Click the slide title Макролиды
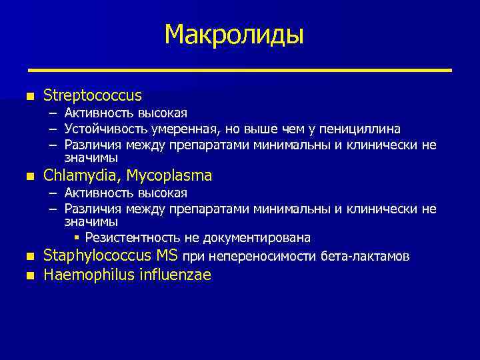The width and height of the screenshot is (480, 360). tap(233, 34)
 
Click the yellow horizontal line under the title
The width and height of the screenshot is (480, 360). tap(239, 70)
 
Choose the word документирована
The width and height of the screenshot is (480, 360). tap(263, 238)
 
